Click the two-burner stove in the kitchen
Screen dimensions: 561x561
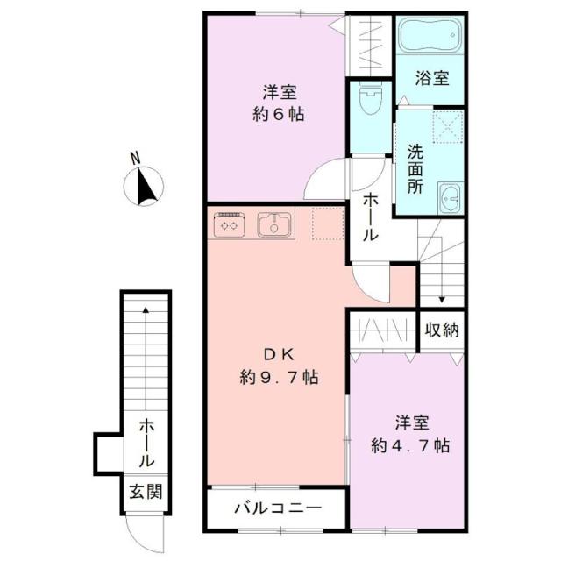231,225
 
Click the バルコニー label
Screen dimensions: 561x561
277,508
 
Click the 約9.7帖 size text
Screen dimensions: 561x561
278,378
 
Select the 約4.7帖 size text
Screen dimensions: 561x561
410,445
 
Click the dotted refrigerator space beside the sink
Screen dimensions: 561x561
326,224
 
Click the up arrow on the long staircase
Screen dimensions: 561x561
146,309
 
